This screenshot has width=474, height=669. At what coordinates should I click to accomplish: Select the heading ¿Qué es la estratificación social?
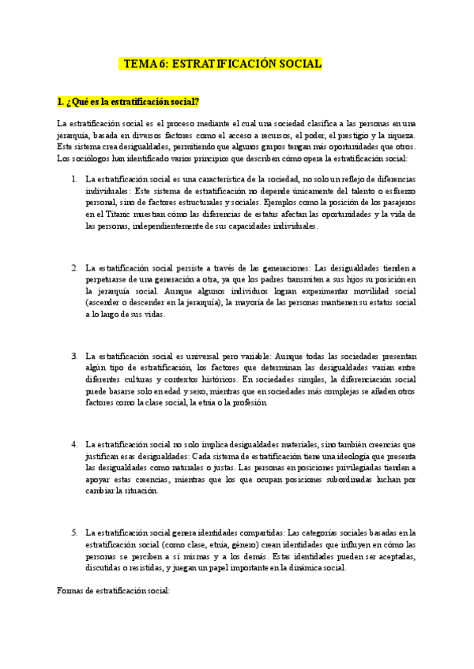click(x=128, y=102)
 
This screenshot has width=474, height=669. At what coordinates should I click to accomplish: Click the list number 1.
click(x=73, y=178)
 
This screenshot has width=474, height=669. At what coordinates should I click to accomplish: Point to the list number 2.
click(x=73, y=267)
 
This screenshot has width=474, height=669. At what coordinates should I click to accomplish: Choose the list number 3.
click(x=73, y=356)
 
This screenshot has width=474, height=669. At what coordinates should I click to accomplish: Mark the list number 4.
click(x=73, y=445)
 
